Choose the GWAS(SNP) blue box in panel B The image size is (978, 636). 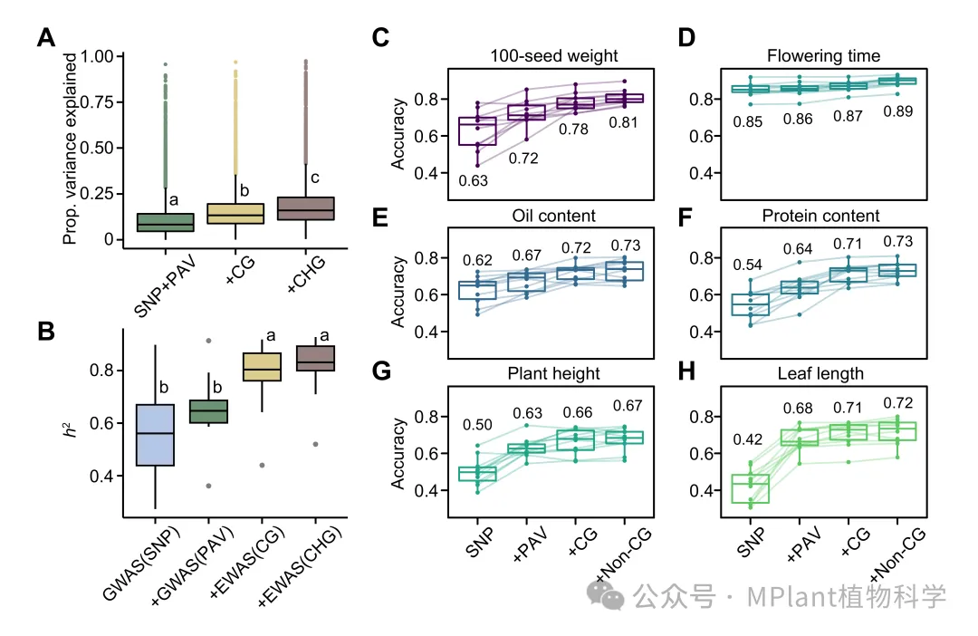(154, 435)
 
